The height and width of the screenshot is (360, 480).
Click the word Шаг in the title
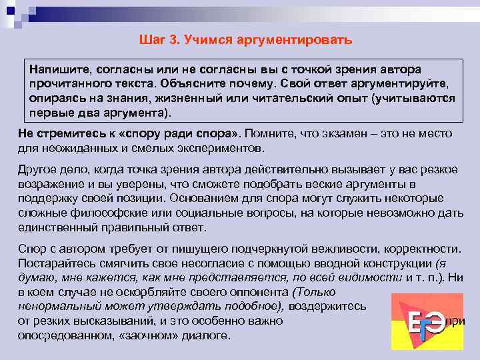(151, 40)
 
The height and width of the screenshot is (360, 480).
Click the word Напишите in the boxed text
(59, 70)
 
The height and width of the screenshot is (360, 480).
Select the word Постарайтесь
(55, 263)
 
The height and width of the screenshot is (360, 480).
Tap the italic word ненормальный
(57, 306)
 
